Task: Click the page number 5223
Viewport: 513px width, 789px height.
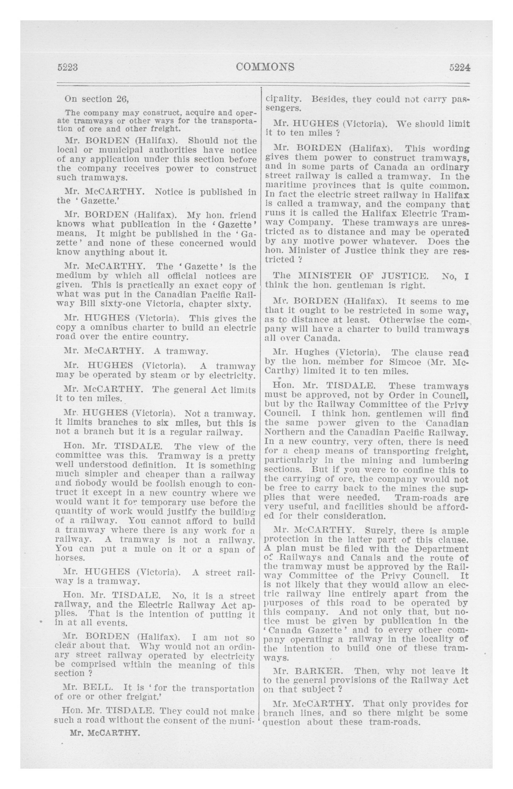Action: tap(68, 67)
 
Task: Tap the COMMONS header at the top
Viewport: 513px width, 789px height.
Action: tap(265, 67)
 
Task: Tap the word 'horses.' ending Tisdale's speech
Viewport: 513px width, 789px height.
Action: tap(70, 558)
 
